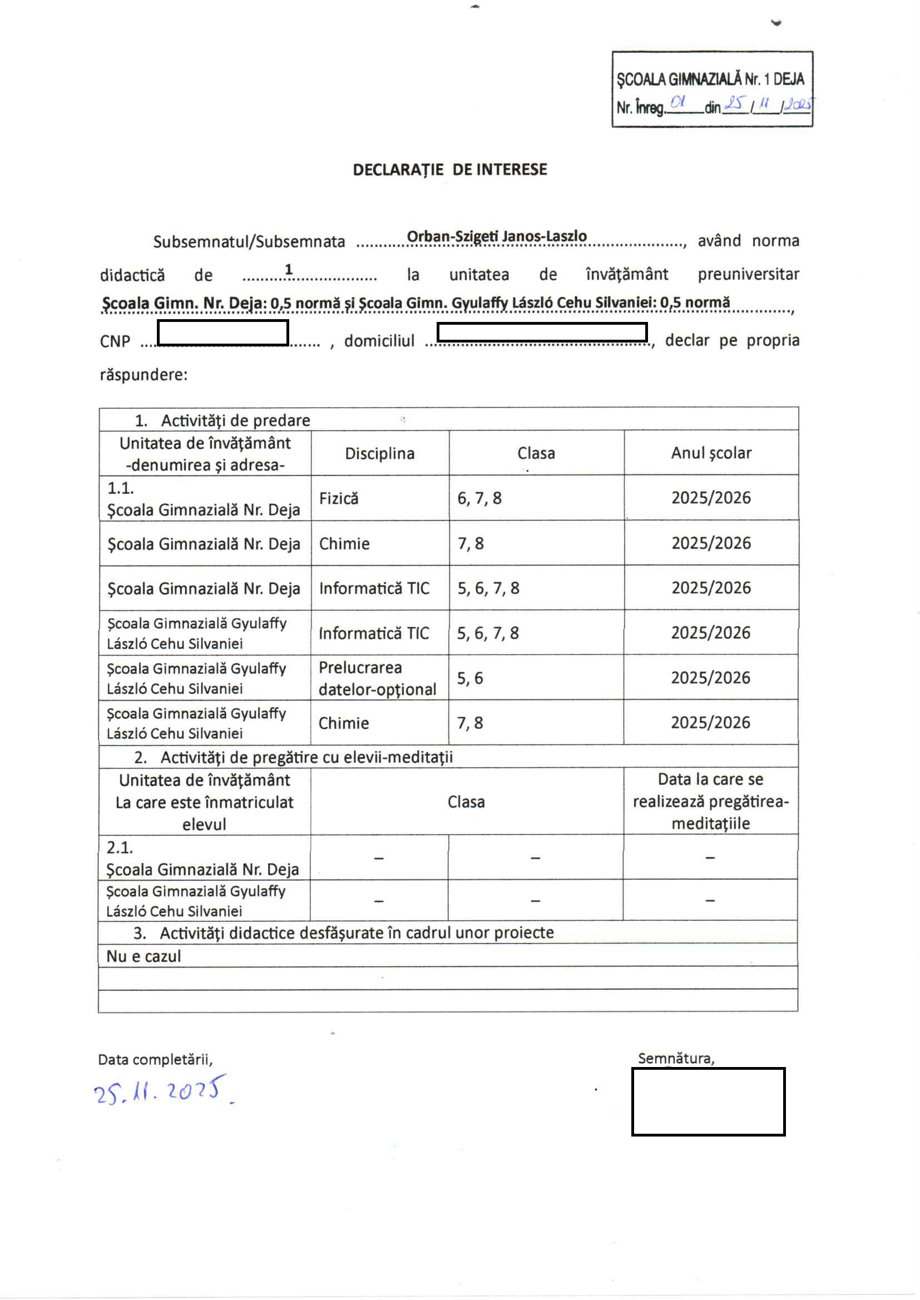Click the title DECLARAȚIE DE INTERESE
coord(450,170)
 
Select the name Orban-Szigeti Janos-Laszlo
coord(496,236)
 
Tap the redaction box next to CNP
coord(222,333)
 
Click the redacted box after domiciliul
coord(542,332)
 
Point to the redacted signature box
coord(708,1101)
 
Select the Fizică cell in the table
coord(339,498)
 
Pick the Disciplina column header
coord(379,454)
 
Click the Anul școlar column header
coord(711,453)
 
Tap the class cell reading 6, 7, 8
coord(479,498)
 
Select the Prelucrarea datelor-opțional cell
coord(377,678)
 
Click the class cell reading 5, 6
coord(470,678)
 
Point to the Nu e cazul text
coord(144,956)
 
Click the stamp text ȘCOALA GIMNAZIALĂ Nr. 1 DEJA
coord(710,80)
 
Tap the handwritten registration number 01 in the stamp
coord(677,102)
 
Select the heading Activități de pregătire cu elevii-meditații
coord(306,757)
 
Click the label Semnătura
coord(676,1058)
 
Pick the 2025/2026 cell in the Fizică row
coord(711,498)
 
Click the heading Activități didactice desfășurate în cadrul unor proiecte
coord(357,932)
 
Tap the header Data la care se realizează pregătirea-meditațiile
coord(710,801)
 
